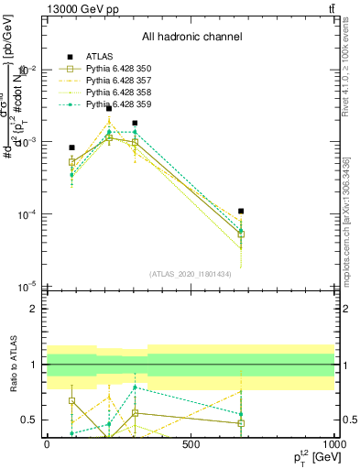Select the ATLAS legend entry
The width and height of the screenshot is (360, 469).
(x=100, y=57)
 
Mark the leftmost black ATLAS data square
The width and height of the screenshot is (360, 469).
(x=71, y=147)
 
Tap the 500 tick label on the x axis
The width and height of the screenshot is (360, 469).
(x=191, y=444)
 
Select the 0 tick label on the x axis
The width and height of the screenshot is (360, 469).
(x=47, y=444)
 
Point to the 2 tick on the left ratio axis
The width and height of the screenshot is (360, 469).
(x=35, y=309)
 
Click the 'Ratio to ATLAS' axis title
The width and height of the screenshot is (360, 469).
(x=12, y=365)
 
